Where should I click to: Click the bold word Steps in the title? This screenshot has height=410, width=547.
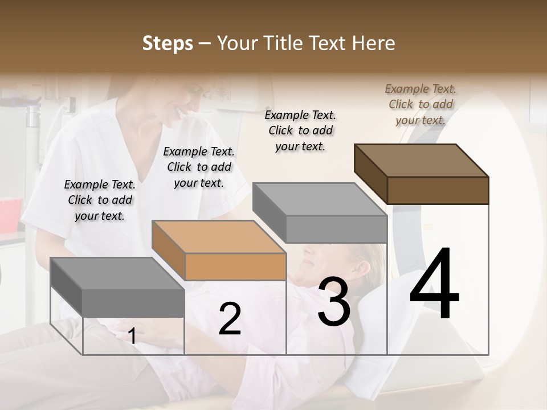168,44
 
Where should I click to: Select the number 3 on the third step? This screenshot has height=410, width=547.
334,302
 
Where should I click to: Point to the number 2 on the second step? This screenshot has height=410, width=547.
230,319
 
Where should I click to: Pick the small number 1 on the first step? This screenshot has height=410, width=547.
132,337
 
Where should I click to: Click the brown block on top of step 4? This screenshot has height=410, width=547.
422,174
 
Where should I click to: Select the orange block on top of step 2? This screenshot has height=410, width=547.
219,251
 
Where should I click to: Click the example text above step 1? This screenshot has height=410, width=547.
100,200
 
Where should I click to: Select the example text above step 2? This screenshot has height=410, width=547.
199,167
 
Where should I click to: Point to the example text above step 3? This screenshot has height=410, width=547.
300,130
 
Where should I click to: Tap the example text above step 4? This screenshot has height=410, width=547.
421,104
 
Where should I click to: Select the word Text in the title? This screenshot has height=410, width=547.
328,44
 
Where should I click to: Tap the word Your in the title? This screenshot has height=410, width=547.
236,44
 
